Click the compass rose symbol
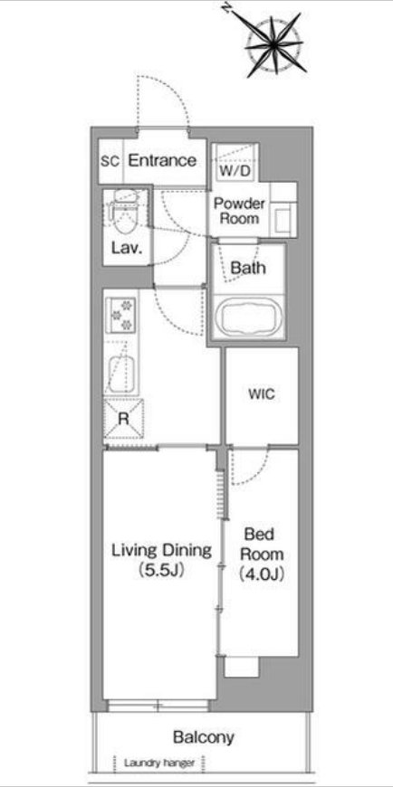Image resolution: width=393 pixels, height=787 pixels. [273, 44]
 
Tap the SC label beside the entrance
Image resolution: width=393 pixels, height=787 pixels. [110, 162]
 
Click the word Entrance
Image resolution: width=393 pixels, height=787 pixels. [162, 161]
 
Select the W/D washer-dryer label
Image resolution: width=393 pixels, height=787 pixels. [235, 171]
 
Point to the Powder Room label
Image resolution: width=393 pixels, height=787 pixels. [239, 211]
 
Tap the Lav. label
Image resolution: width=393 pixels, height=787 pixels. [125, 248]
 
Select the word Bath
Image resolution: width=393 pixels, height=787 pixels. [248, 268]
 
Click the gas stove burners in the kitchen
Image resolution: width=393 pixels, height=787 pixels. [121, 314]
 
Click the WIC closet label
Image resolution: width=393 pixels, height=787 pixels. [262, 394]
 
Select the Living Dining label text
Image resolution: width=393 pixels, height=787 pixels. [161, 551]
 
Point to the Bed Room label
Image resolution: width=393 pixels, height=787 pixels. [262, 544]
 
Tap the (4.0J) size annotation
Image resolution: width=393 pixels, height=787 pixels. [262, 573]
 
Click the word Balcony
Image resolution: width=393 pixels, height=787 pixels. [204, 737]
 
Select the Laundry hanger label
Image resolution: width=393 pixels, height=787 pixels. [158, 763]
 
